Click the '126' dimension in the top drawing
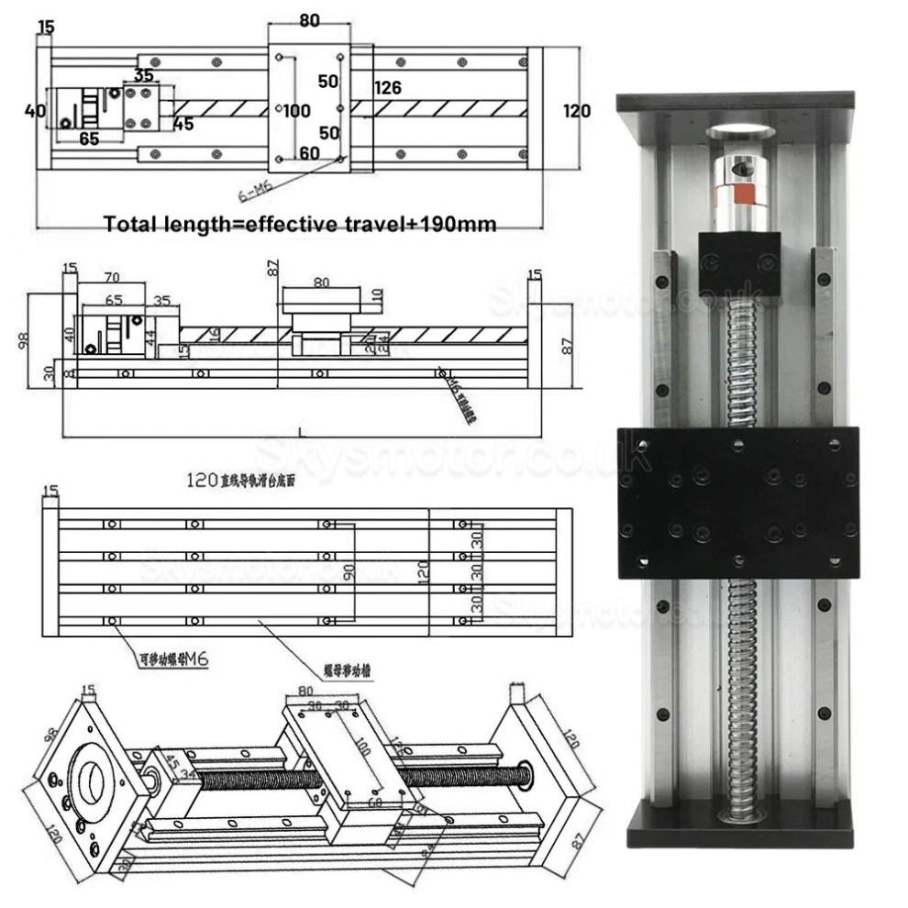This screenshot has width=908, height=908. (x=388, y=88)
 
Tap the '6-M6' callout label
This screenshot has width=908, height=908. (x=256, y=192)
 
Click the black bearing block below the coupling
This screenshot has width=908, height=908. (x=738, y=263)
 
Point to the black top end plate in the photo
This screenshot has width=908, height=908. (x=736, y=101)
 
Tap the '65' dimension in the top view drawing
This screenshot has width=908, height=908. (x=89, y=139)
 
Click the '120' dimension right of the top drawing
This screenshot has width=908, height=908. (x=576, y=111)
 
